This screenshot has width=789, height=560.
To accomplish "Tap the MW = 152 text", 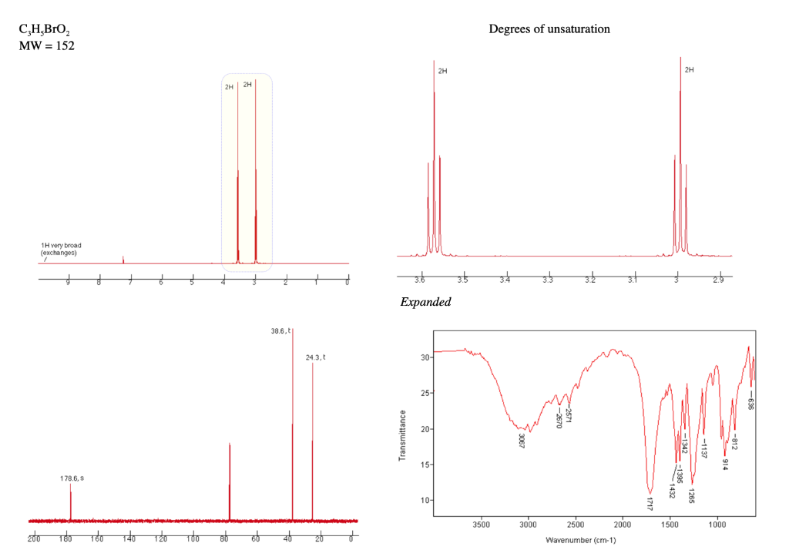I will [x=46, y=45].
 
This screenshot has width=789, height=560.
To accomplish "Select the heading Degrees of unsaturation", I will [x=549, y=29].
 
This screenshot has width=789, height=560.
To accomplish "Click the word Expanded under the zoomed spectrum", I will [x=425, y=302].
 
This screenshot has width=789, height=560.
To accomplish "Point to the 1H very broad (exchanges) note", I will [x=61, y=249].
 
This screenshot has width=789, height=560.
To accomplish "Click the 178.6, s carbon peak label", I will [x=72, y=478].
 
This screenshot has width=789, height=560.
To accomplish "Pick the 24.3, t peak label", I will [x=315, y=357].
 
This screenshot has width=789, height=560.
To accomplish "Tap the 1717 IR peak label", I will [x=650, y=505].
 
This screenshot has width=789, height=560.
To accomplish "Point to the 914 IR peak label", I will [x=725, y=464].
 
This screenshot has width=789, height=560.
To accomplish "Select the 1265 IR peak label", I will [x=691, y=495].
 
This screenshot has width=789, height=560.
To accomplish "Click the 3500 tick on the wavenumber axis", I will [x=481, y=525].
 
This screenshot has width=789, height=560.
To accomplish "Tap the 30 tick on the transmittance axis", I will [x=422, y=357].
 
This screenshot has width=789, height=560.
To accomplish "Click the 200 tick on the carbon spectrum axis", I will [x=35, y=537].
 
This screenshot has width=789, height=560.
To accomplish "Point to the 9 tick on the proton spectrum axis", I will [x=68, y=282].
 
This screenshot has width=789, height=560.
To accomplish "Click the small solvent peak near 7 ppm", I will [x=123, y=259].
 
